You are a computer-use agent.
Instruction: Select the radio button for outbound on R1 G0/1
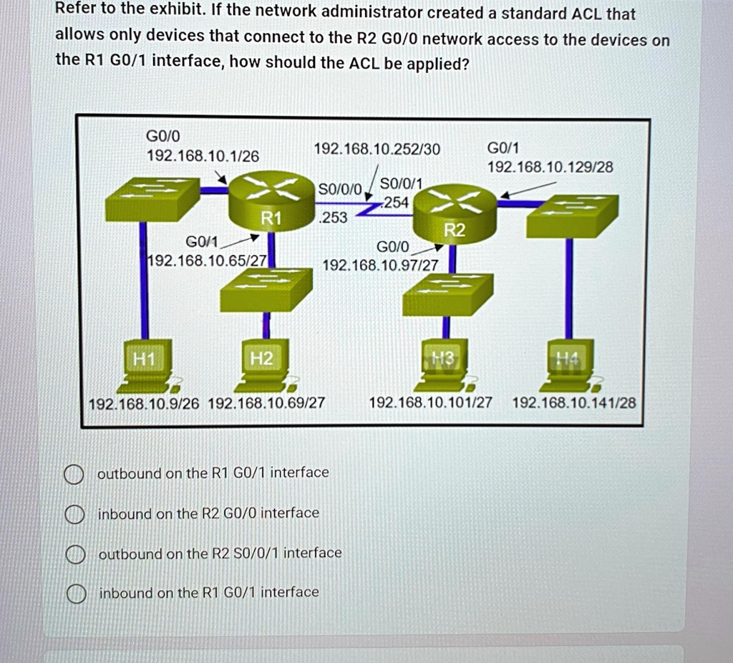[72, 474]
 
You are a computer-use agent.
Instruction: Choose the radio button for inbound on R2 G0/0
[72, 514]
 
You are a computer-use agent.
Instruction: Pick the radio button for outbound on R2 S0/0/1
[72, 554]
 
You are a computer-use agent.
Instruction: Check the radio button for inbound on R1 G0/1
[72, 594]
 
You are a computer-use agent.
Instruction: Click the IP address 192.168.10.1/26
[203, 156]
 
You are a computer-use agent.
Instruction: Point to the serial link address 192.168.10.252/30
[377, 149]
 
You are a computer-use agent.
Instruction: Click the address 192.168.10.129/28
[550, 168]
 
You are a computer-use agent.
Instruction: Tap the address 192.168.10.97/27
[381, 266]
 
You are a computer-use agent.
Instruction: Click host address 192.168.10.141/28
[574, 403]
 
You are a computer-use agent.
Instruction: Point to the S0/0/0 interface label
[340, 189]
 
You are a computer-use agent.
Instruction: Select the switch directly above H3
[447, 294]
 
